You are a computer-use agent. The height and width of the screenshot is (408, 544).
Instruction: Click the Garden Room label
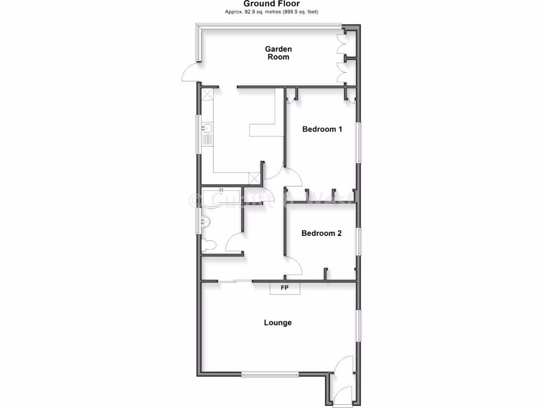click(x=278, y=53)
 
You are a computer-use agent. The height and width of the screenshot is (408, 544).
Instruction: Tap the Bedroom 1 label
click(x=322, y=129)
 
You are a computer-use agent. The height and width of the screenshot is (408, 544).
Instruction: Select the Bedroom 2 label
click(x=321, y=233)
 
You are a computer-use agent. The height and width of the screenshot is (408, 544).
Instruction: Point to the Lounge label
click(x=278, y=322)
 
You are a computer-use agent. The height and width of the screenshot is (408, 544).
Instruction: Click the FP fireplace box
click(x=285, y=288)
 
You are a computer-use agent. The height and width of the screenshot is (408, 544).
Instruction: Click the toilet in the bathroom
click(x=209, y=245)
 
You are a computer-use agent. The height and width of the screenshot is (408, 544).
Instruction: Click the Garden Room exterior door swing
click(x=190, y=73)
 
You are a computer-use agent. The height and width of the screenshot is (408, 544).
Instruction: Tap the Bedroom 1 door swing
click(x=293, y=177)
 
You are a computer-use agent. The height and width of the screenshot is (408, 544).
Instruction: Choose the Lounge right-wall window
click(x=359, y=325)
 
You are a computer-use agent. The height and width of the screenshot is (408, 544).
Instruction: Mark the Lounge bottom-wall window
click(x=270, y=375)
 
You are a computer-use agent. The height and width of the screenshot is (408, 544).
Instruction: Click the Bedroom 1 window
click(x=359, y=142)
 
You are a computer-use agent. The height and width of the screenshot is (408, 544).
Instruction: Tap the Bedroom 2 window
click(x=359, y=242)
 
